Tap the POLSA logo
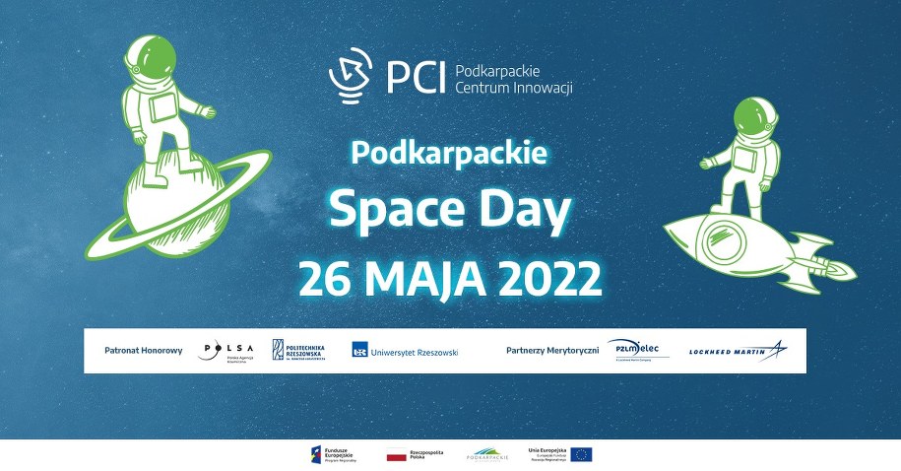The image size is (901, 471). click(x=225, y=350)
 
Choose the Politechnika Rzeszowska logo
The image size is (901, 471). click(x=298, y=350)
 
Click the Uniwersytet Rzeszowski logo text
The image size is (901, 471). click(x=405, y=350)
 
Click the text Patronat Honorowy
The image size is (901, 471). click(x=143, y=350)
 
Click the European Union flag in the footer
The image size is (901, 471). click(x=581, y=453)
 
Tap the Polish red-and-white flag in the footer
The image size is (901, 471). click(x=396, y=454)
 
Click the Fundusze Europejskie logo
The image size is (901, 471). click(x=334, y=453)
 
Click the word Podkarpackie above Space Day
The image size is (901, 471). click(x=449, y=154)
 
